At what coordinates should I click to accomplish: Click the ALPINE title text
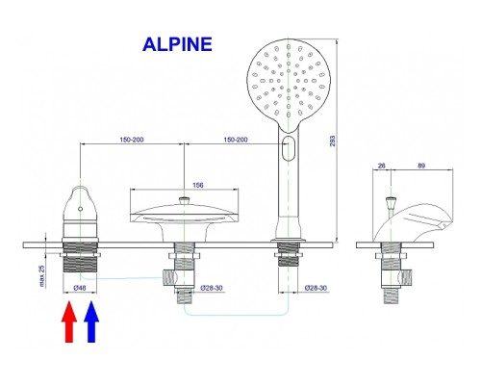(177, 44)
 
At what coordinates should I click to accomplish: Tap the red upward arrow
(69, 321)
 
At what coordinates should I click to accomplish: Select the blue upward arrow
(91, 321)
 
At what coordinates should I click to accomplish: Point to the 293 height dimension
(333, 141)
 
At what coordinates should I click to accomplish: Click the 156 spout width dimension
(197, 185)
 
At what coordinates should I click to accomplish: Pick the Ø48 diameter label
(80, 288)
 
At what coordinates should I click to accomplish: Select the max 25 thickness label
(42, 276)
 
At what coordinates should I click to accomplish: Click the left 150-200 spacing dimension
(132, 140)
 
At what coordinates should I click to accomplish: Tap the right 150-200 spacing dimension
(236, 140)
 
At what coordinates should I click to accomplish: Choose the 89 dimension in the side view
(421, 166)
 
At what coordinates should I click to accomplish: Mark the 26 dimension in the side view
(381, 166)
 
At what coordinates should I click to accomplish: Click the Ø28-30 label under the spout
(212, 288)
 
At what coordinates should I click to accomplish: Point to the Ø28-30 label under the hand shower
(316, 288)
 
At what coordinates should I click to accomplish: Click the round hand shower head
(289, 84)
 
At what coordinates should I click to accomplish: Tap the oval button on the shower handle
(289, 148)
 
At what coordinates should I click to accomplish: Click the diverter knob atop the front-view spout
(184, 201)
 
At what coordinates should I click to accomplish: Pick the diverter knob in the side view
(391, 201)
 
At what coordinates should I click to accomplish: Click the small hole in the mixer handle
(80, 209)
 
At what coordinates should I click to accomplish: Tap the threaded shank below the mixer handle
(80, 257)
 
